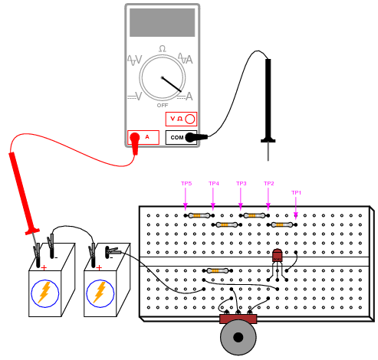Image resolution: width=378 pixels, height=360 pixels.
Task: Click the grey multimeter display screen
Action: [162, 22]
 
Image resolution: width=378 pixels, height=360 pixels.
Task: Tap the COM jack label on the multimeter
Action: [177, 138]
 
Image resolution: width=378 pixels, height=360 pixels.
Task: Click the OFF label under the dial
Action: [163, 105]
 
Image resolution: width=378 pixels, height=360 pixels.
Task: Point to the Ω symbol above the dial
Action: [163, 48]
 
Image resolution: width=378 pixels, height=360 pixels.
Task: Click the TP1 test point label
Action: [296, 192]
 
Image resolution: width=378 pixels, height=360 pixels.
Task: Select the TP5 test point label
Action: [186, 183]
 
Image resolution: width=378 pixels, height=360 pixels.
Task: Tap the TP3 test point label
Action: [241, 183]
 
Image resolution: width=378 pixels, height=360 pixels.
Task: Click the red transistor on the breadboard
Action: [277, 255]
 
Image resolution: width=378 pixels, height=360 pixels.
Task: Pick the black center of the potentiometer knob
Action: [238, 337]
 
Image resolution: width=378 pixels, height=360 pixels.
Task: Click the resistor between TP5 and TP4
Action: [199, 216]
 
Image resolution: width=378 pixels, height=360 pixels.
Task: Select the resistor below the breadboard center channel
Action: [218, 270]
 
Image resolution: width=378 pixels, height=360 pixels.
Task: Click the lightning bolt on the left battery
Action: [45, 293]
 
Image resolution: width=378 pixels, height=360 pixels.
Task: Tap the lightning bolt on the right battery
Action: [100, 293]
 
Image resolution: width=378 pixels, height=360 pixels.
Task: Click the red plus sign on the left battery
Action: [44, 267]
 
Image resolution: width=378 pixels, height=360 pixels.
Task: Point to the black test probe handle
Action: [268, 100]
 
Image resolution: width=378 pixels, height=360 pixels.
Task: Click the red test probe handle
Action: [24, 193]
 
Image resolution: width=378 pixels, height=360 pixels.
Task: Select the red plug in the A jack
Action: [135, 142]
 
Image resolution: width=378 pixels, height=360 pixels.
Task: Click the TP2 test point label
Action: [269, 183]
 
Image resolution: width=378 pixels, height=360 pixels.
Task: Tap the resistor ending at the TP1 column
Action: [282, 224]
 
